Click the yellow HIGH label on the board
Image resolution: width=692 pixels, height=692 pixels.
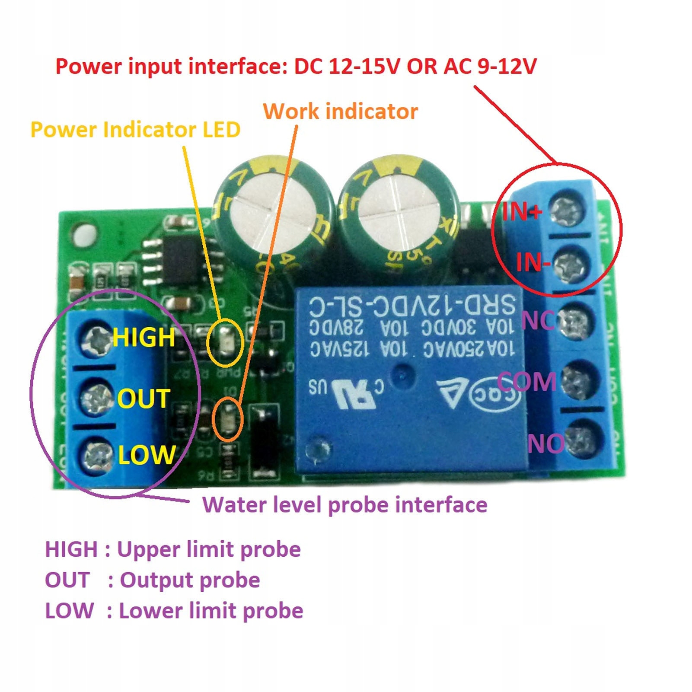tap(144, 338)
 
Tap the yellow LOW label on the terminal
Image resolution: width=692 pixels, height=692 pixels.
tap(147, 455)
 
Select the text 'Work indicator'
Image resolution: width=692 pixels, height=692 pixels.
tap(340, 112)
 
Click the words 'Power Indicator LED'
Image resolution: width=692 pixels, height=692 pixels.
tap(135, 130)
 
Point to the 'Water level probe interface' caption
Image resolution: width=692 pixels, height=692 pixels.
tap(344, 505)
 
